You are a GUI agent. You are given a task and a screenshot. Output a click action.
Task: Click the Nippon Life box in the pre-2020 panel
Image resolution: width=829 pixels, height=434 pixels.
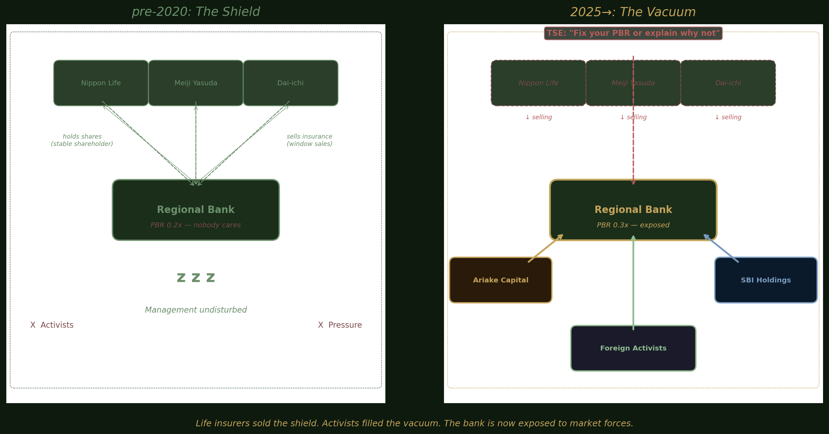[x=101, y=83]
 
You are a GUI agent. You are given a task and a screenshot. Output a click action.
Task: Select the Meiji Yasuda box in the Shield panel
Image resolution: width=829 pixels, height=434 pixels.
[x=195, y=83]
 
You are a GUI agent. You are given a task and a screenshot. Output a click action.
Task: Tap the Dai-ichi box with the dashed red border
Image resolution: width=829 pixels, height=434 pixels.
[x=728, y=83]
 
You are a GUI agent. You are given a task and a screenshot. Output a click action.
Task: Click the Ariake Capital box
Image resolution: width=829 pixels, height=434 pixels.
[x=500, y=280]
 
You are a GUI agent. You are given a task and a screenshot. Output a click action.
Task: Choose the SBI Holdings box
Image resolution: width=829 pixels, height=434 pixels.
[x=765, y=280]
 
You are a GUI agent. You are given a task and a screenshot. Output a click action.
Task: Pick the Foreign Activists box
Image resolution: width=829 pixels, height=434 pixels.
[x=633, y=348]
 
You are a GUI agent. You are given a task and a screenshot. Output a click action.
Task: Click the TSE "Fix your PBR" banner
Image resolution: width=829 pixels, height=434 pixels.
[x=633, y=33]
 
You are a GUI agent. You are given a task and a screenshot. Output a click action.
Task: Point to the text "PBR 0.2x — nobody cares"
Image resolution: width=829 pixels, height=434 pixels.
[x=195, y=225]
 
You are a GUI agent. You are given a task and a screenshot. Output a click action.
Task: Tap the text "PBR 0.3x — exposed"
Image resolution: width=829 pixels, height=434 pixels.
[x=633, y=225]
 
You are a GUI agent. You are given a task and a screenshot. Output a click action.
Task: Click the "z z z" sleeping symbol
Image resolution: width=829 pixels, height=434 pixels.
[x=195, y=278]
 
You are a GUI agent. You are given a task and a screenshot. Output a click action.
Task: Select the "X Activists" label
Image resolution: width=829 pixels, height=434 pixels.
[x=52, y=325]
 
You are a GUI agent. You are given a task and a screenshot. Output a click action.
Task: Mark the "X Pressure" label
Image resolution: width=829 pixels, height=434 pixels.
[x=340, y=325]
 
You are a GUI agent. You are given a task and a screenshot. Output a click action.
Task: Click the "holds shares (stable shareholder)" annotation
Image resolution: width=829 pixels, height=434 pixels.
[x=82, y=140]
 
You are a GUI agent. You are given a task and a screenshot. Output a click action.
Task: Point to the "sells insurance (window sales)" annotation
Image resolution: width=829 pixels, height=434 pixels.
[x=309, y=140]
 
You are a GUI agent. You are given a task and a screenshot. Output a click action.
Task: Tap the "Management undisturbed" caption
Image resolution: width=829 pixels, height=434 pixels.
[x=195, y=310]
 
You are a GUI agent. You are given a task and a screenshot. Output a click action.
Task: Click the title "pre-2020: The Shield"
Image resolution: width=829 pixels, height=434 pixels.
[x=195, y=12]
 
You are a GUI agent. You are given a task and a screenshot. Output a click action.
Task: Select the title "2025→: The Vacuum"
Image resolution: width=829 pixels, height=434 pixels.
[x=633, y=12]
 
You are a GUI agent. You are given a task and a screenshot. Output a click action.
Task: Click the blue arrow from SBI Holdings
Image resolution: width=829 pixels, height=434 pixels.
[x=721, y=248]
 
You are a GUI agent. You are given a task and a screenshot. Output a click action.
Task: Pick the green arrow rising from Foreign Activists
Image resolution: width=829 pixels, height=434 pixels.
[x=633, y=284]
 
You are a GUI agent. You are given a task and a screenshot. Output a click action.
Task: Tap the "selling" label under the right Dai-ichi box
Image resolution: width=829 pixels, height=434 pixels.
[x=728, y=117]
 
